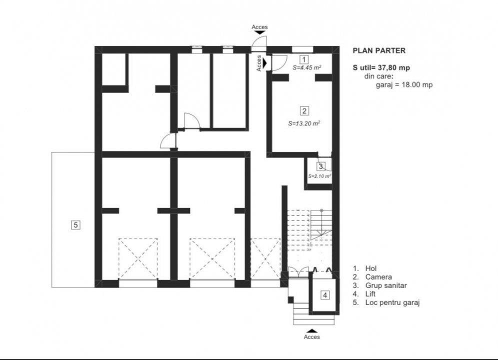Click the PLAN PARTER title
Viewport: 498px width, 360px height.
click(x=379, y=50)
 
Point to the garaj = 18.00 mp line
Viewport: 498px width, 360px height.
click(x=404, y=85)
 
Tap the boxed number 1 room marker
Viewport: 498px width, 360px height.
click(x=303, y=59)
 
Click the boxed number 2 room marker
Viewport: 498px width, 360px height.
click(x=304, y=111)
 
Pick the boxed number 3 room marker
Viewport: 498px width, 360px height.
click(x=321, y=166)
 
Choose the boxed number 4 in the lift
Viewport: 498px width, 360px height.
click(x=325, y=295)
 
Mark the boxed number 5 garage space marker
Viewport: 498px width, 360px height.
click(x=75, y=225)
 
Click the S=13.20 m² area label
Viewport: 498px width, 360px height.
click(x=304, y=122)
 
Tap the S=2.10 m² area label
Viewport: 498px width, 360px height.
click(x=319, y=176)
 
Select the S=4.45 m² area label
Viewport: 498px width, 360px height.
click(x=306, y=67)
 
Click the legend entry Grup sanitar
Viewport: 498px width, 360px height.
click(x=386, y=285)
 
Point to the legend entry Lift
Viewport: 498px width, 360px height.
click(x=370, y=294)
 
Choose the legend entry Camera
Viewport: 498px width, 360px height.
click(x=378, y=277)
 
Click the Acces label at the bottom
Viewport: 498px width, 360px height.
click(x=312, y=337)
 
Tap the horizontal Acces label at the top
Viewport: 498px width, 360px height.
click(x=259, y=27)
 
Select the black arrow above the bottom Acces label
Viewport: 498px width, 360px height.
click(x=312, y=330)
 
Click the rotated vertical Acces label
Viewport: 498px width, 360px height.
click(x=259, y=63)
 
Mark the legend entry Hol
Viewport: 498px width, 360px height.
click(x=370, y=268)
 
